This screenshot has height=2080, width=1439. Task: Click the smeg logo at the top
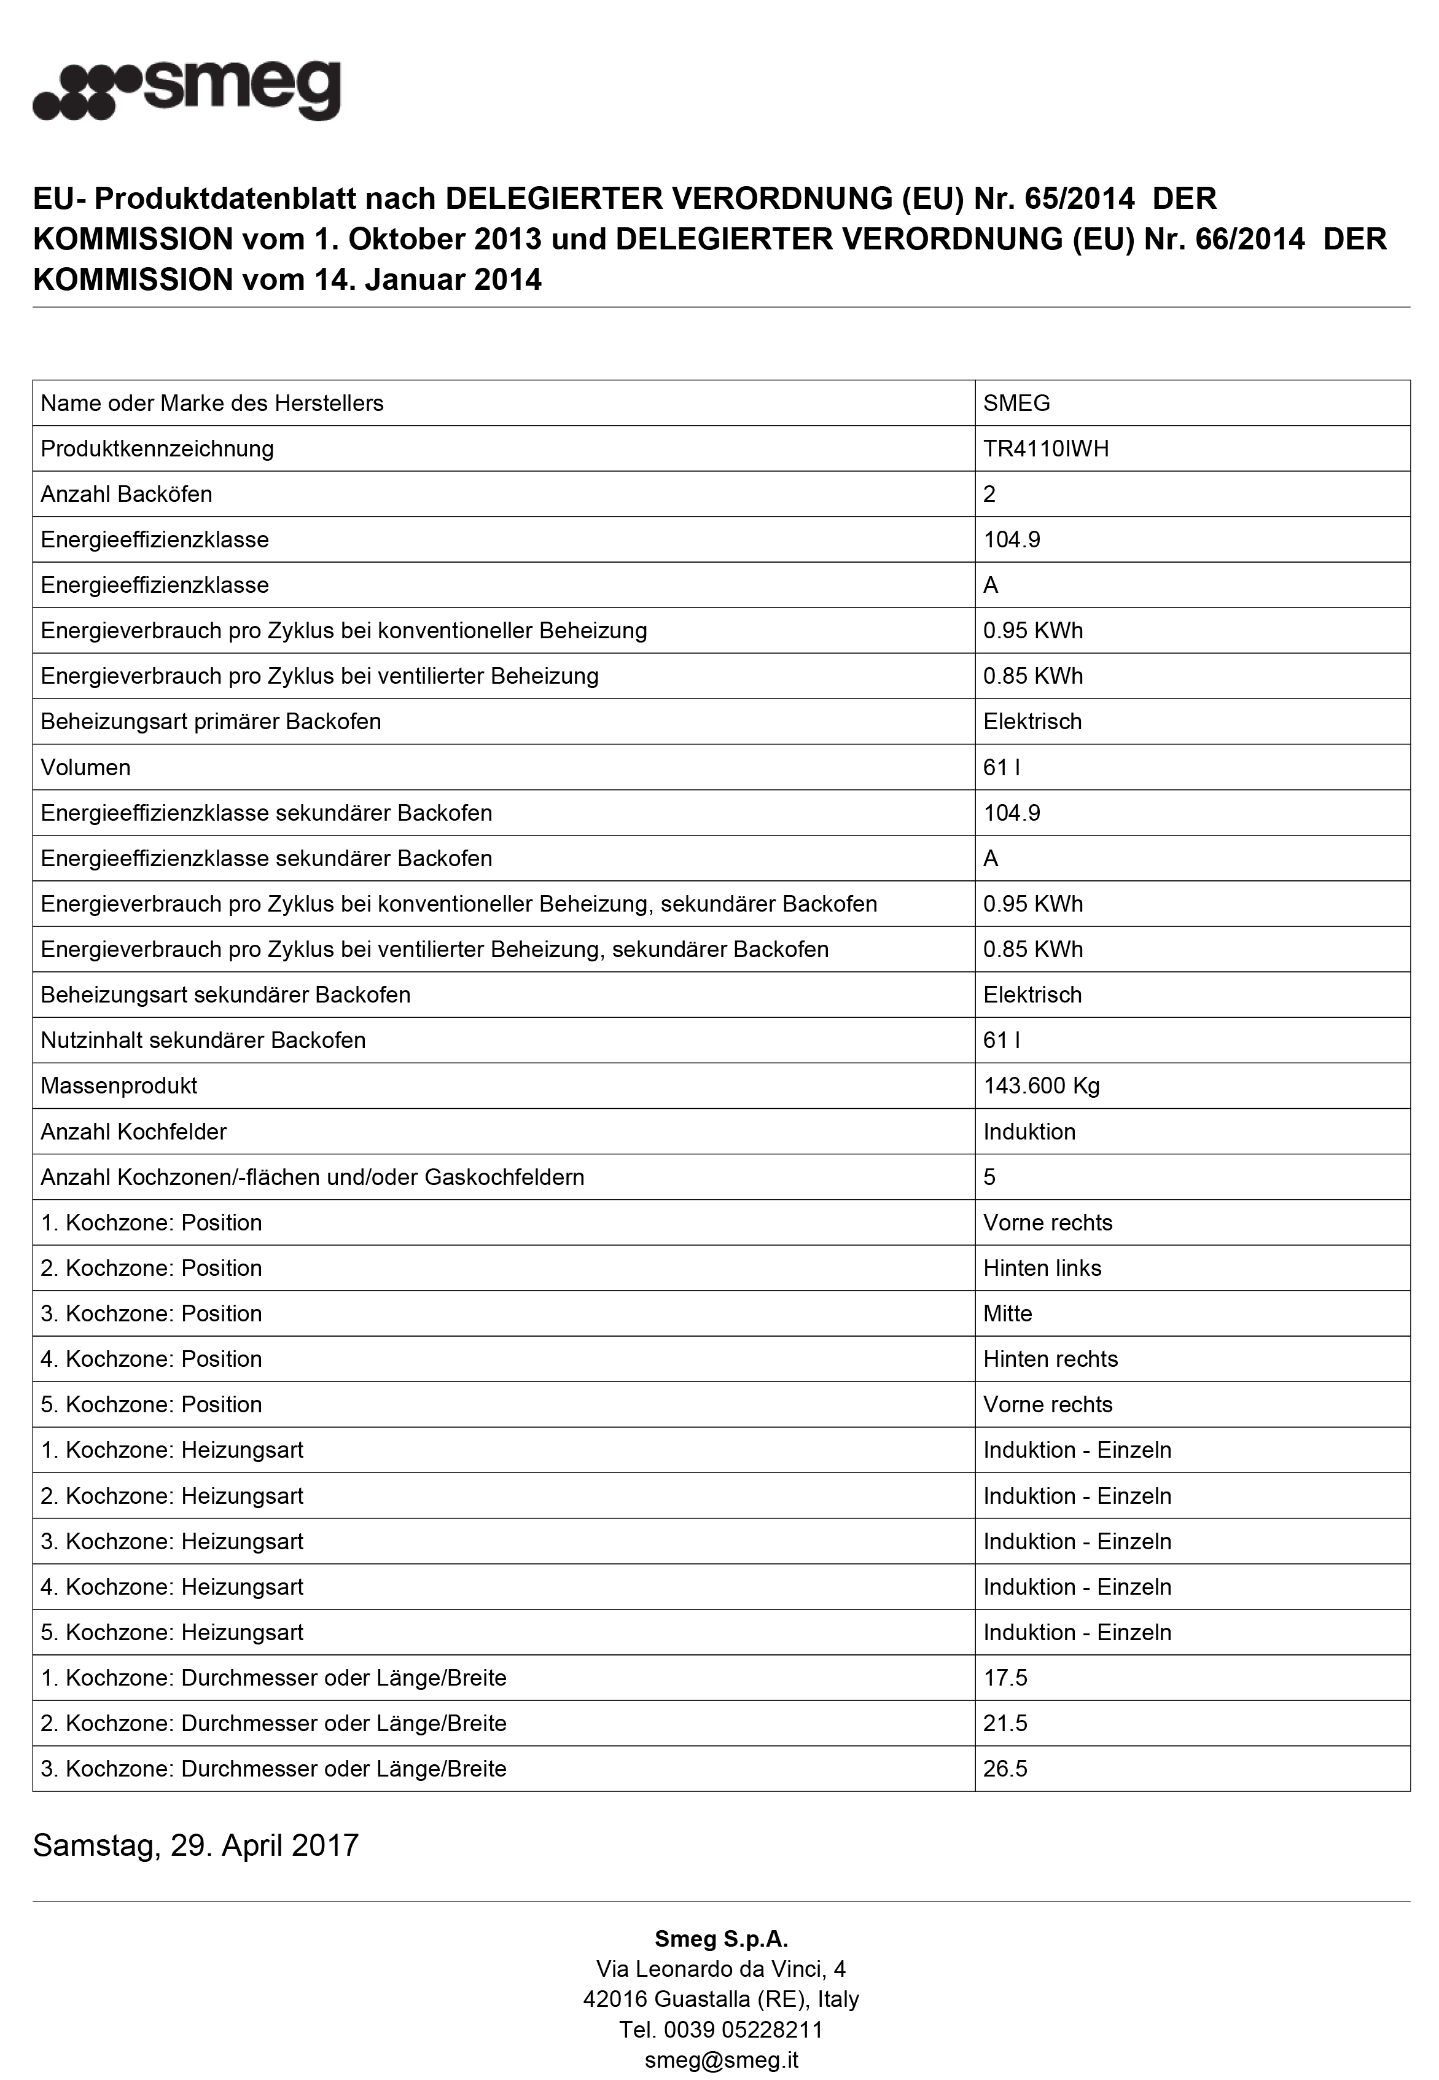point(187,90)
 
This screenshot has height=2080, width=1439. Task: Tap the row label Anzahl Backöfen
point(127,494)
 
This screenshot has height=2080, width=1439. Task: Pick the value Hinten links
point(1042,1268)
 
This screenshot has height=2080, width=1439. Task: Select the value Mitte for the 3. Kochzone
point(1007,1313)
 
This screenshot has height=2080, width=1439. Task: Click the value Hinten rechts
point(1050,1359)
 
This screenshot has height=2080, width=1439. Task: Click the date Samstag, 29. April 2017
point(196,1845)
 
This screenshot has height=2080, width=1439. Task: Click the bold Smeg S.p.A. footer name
point(721,1939)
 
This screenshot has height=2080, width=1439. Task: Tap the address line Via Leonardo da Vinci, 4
point(721,1969)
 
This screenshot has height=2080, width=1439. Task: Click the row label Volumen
point(85,767)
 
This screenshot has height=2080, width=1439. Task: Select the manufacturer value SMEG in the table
point(1016,403)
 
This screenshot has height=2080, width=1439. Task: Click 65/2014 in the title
point(1079,198)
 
